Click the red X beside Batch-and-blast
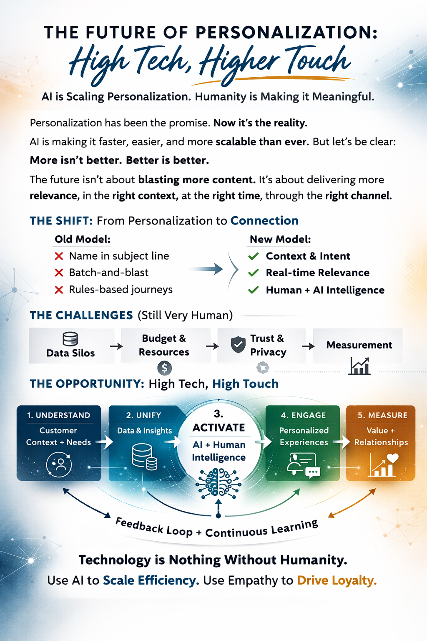[x=59, y=273]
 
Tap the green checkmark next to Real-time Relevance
[x=254, y=273]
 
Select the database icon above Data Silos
[x=70, y=338]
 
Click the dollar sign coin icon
[x=165, y=368]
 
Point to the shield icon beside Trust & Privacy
[x=238, y=345]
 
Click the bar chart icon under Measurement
[x=359, y=366]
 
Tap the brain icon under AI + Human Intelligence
[x=219, y=483]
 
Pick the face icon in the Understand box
[x=59, y=464]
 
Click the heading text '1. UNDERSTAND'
[x=59, y=415]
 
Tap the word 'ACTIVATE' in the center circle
[x=219, y=428]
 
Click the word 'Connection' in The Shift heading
[x=264, y=221]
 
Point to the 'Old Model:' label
[x=83, y=239]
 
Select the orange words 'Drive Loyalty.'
[x=337, y=580]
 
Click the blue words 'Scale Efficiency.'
[x=151, y=580]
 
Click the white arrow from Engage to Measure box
[x=344, y=442]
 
